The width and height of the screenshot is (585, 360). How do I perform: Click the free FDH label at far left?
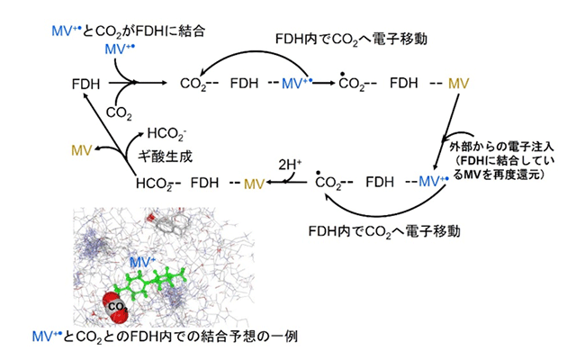tap(86, 84)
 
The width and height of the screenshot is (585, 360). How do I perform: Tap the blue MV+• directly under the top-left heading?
tap(122, 48)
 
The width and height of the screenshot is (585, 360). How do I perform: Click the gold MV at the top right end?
tap(459, 84)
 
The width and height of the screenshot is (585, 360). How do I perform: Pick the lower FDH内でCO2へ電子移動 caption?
tap(385, 231)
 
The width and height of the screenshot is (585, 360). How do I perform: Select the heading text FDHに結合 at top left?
tap(175, 31)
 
